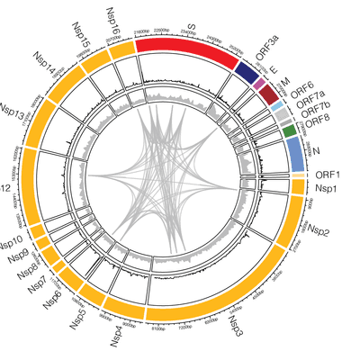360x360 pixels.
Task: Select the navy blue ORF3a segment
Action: pyautogui.click(x=245, y=67)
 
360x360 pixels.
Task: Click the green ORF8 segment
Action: pyautogui.click(x=289, y=132)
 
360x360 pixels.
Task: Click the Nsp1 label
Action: pyautogui.click(x=326, y=190)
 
